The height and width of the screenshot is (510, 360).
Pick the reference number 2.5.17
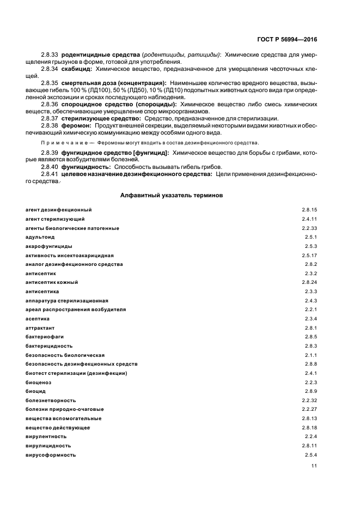pyautogui.click(x=309, y=255)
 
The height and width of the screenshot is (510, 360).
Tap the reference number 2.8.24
pyautogui.click(x=309, y=282)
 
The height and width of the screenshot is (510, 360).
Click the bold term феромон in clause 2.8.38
pyautogui.click(x=77, y=126)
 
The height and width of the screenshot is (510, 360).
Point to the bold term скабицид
pyautogui.click(x=77, y=69)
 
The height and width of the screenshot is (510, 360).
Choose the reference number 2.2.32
pyautogui.click(x=309, y=400)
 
